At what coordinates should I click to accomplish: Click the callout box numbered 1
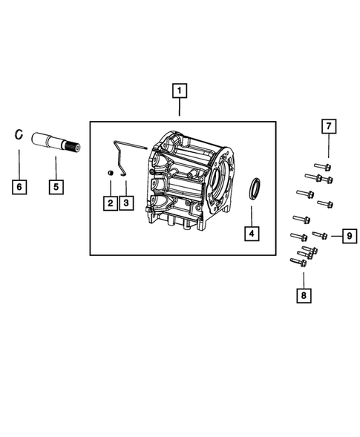[179, 93]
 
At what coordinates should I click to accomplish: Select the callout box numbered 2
[109, 203]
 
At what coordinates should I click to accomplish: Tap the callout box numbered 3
[127, 203]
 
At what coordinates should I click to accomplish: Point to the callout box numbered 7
[329, 127]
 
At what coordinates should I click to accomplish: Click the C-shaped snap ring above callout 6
[20, 135]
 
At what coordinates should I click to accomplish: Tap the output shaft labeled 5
[52, 140]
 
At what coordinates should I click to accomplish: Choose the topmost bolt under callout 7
[321, 165]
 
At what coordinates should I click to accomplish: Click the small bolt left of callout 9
[320, 235]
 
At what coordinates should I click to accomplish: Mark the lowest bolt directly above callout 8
[297, 260]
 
